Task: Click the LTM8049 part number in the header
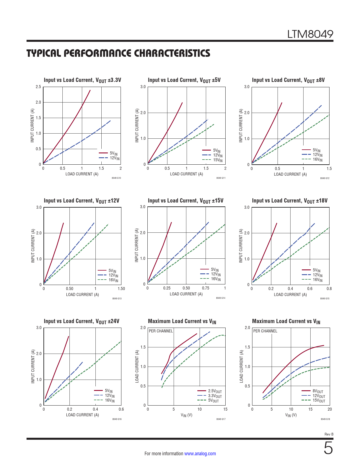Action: (310, 34)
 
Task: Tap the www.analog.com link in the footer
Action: (200, 454)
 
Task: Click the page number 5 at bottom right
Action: (328, 448)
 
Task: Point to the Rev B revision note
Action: (329, 434)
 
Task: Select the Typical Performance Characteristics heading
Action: (118, 53)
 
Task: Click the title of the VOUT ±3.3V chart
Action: (82, 80)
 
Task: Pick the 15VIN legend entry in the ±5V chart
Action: (218, 160)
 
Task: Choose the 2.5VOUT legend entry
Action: (215, 391)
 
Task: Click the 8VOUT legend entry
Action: (318, 391)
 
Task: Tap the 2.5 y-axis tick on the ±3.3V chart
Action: (38, 87)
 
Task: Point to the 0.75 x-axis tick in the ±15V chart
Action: (206, 288)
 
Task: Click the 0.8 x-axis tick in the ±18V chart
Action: (329, 289)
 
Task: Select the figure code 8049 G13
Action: (117, 299)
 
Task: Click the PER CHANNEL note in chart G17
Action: (161, 331)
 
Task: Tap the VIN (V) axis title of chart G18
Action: (291, 415)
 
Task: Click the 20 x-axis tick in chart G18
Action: (330, 409)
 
